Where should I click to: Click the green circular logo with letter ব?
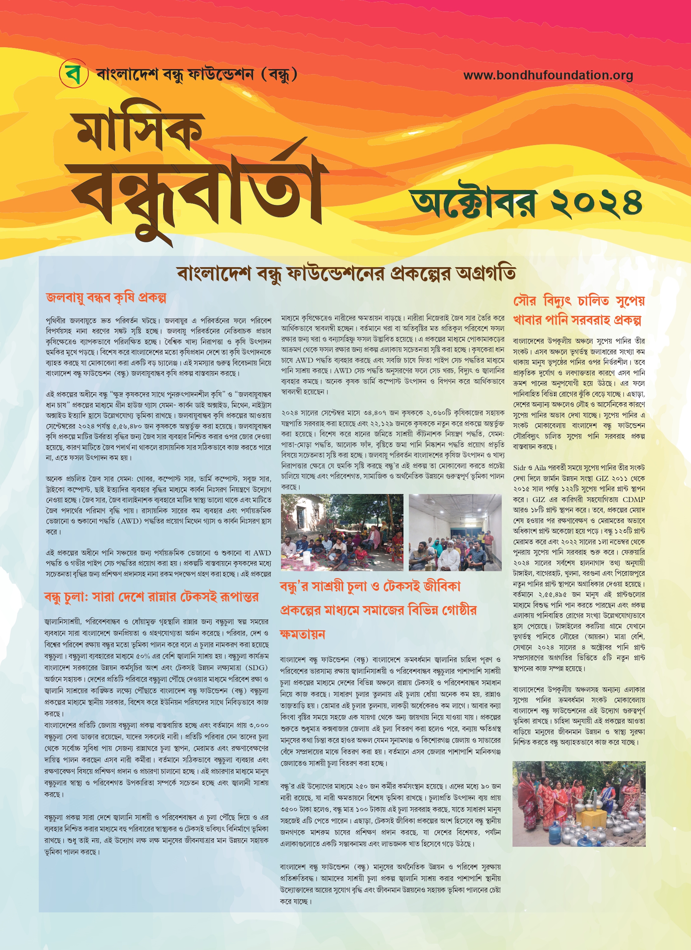click(x=74, y=74)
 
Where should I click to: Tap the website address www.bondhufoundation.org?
click(x=548, y=75)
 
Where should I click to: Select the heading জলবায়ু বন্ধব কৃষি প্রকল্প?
click(x=106, y=298)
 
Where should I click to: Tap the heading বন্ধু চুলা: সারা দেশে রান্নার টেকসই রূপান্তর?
click(x=151, y=597)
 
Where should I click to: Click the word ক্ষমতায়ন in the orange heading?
click(x=303, y=634)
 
